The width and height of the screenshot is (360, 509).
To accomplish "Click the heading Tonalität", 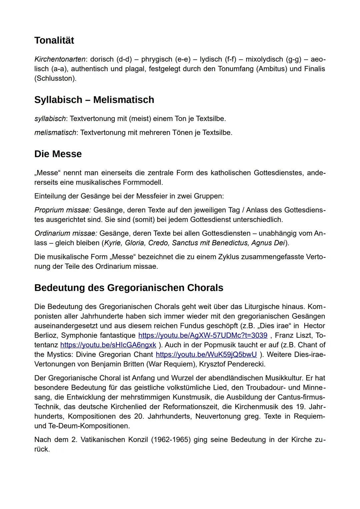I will [x=54, y=40].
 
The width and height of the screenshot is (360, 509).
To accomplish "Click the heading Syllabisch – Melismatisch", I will [x=94, y=100].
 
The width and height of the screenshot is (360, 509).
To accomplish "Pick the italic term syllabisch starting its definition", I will [x=50, y=119].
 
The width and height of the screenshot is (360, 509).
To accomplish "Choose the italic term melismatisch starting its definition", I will [x=55, y=133].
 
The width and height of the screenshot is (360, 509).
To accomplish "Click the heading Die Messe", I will [x=58, y=154].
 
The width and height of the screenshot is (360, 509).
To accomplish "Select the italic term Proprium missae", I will [x=62, y=210].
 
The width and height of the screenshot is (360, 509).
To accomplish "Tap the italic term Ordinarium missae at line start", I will [x=65, y=233].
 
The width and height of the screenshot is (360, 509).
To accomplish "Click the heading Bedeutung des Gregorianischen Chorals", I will [x=129, y=288].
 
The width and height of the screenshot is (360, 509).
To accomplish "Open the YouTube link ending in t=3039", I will [x=203, y=335].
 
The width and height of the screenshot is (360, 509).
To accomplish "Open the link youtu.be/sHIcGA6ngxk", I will [x=108, y=345].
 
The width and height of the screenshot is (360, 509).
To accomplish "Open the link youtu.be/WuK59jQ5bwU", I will [x=206, y=354].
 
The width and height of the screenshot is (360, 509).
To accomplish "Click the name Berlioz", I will [x=46, y=335].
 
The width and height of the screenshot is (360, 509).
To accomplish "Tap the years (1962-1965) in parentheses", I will [x=171, y=440].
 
